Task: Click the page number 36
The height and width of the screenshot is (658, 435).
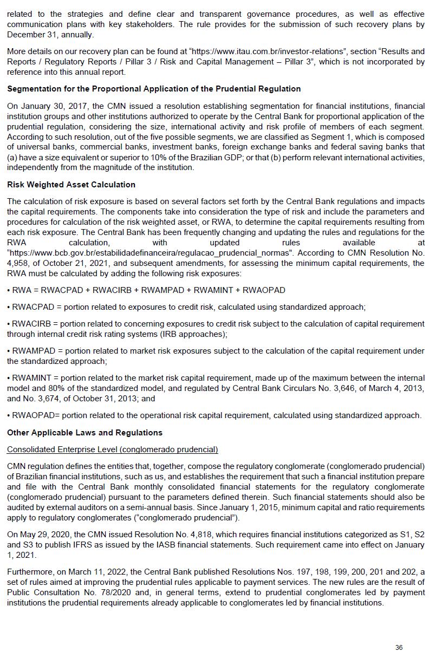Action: [399, 647]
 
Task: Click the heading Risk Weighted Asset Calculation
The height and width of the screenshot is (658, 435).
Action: [71, 185]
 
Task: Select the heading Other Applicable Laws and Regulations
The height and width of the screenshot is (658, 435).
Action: [85, 433]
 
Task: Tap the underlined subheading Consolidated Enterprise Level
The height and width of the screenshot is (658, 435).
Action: [112, 449]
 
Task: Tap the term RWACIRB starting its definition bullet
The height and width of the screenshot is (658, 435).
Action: [33, 324]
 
